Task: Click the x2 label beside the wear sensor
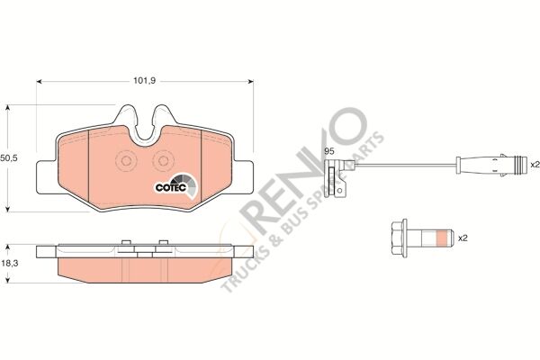pos(534,164)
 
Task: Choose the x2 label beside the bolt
pos(464,239)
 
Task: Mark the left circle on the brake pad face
pos(125,161)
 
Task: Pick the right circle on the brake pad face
pos(163,161)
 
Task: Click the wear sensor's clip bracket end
pos(339,180)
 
